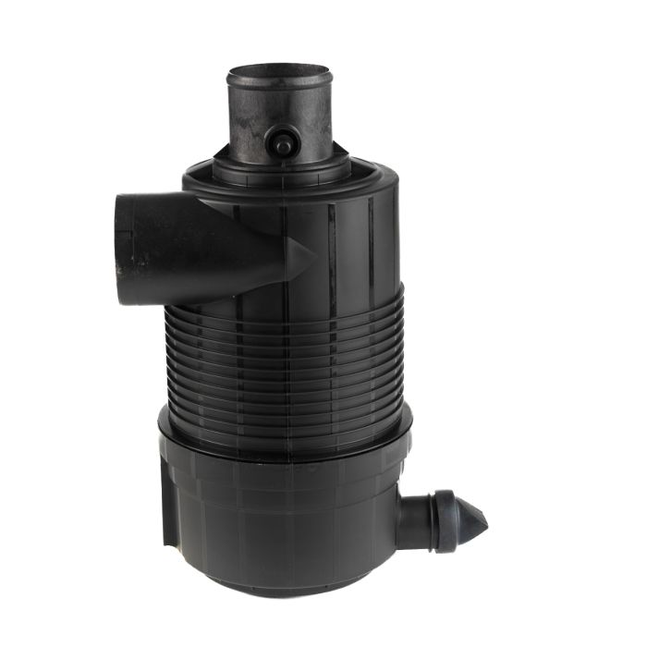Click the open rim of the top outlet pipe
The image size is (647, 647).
coord(278,71)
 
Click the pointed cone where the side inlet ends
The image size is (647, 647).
coord(300,256)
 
